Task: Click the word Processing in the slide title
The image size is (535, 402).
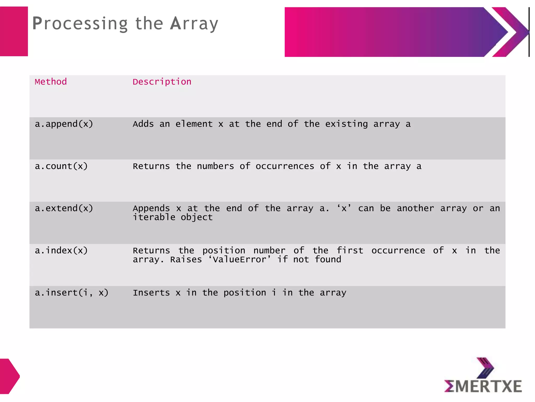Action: point(80,24)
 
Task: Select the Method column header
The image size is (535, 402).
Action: point(51,82)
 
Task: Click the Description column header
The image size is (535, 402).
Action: point(162,82)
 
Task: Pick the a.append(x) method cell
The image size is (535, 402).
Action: point(64,124)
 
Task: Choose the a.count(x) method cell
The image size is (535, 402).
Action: point(61,166)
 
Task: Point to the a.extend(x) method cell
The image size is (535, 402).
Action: point(64,208)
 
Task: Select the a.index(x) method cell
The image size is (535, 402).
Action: point(61,250)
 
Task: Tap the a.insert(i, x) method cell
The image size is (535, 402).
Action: point(72,293)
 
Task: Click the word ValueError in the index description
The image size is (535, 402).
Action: point(240,259)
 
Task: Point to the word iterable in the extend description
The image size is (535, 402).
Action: point(154,217)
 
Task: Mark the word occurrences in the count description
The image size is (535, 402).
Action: point(285,166)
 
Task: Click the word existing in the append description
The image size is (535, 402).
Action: point(346,124)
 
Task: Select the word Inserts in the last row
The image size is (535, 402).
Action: point(151,293)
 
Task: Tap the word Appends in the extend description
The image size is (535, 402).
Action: point(151,208)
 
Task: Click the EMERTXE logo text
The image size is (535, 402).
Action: point(483,386)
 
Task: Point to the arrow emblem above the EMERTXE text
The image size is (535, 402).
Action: point(485,367)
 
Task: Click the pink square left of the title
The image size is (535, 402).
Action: point(14,31)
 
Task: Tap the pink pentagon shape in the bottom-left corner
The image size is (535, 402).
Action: point(9,376)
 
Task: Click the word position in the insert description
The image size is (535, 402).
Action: point(245,293)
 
